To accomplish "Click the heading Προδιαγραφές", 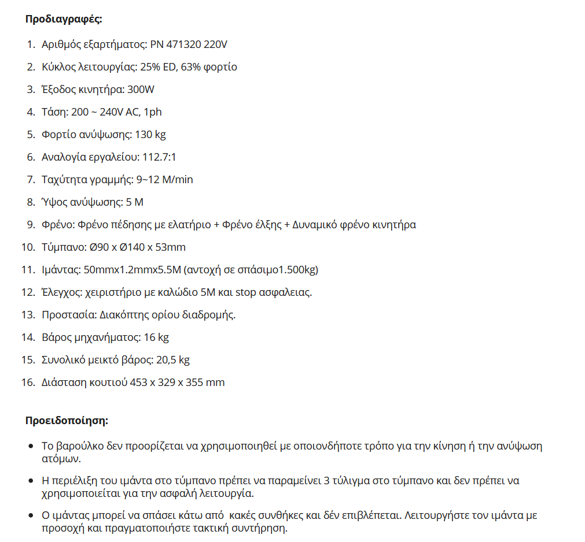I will [64, 18].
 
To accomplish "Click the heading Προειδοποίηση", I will [67, 420].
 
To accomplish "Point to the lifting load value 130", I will [143, 135].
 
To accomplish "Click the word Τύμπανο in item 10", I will [63, 247].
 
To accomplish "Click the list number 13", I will [28, 315].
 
